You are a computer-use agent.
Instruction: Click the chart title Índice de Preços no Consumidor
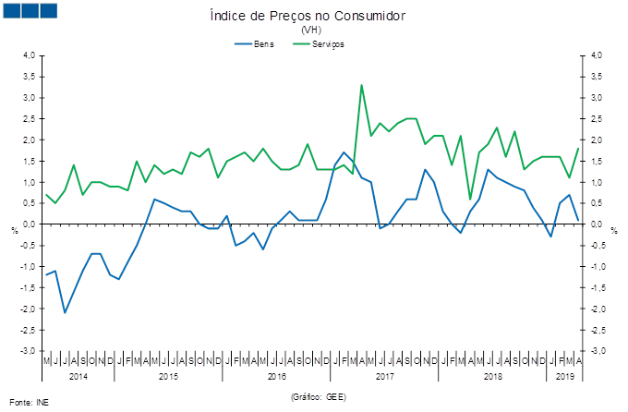tap(307, 16)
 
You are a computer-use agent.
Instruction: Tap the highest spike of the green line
tap(361, 85)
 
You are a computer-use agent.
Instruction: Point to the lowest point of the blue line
tap(65, 313)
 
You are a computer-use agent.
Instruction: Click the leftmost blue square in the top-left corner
tap(12, 10)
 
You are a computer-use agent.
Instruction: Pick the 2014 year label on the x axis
tap(78, 376)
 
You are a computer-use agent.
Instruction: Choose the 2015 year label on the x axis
tap(168, 376)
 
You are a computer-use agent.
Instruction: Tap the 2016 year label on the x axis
tap(276, 376)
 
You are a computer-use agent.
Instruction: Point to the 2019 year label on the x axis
tap(564, 376)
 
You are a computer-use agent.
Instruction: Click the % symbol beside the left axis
tap(14, 228)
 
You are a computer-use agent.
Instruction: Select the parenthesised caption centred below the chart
tap(318, 396)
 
